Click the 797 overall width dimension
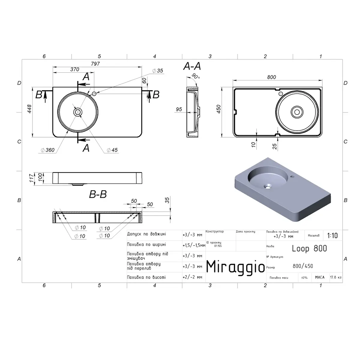95,64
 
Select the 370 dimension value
74,69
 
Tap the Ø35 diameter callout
158,70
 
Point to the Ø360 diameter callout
48,150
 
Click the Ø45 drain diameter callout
112,150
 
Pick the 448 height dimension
29,109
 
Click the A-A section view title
192,66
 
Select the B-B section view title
98,194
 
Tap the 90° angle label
196,76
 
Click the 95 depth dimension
179,109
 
